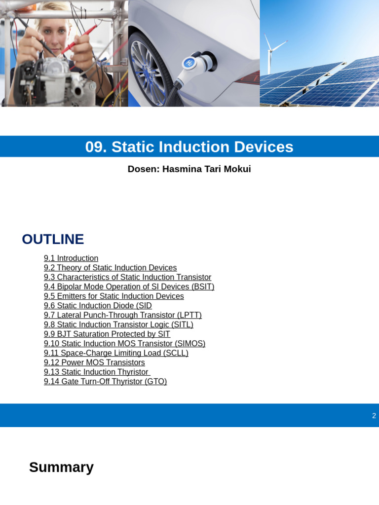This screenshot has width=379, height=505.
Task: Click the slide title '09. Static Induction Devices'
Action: click(189, 147)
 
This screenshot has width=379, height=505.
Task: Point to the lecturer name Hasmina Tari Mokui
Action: click(206, 169)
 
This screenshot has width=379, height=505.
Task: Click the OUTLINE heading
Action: click(53, 239)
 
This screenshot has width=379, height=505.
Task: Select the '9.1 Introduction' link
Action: click(71, 258)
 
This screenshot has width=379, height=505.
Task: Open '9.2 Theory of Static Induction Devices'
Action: click(110, 268)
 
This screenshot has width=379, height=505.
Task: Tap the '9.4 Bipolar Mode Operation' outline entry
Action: click(129, 287)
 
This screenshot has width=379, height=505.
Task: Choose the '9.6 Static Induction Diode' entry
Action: click(98, 306)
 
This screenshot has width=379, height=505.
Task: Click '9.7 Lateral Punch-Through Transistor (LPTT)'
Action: click(122, 315)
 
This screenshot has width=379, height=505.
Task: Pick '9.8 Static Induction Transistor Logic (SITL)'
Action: click(118, 325)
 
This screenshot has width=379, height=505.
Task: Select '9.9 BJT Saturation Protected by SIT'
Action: click(107, 334)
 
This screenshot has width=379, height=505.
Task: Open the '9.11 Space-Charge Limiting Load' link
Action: click(116, 353)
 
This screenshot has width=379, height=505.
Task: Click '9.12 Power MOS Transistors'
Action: click(94, 362)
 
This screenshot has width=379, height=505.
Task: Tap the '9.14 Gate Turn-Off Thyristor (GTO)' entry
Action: click(105, 382)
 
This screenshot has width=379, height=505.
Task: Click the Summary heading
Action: click(61, 467)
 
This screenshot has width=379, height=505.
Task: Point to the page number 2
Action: click(374, 416)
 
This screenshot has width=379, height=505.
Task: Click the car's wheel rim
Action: click(148, 74)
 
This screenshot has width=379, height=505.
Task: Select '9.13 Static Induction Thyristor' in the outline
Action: click(97, 372)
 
